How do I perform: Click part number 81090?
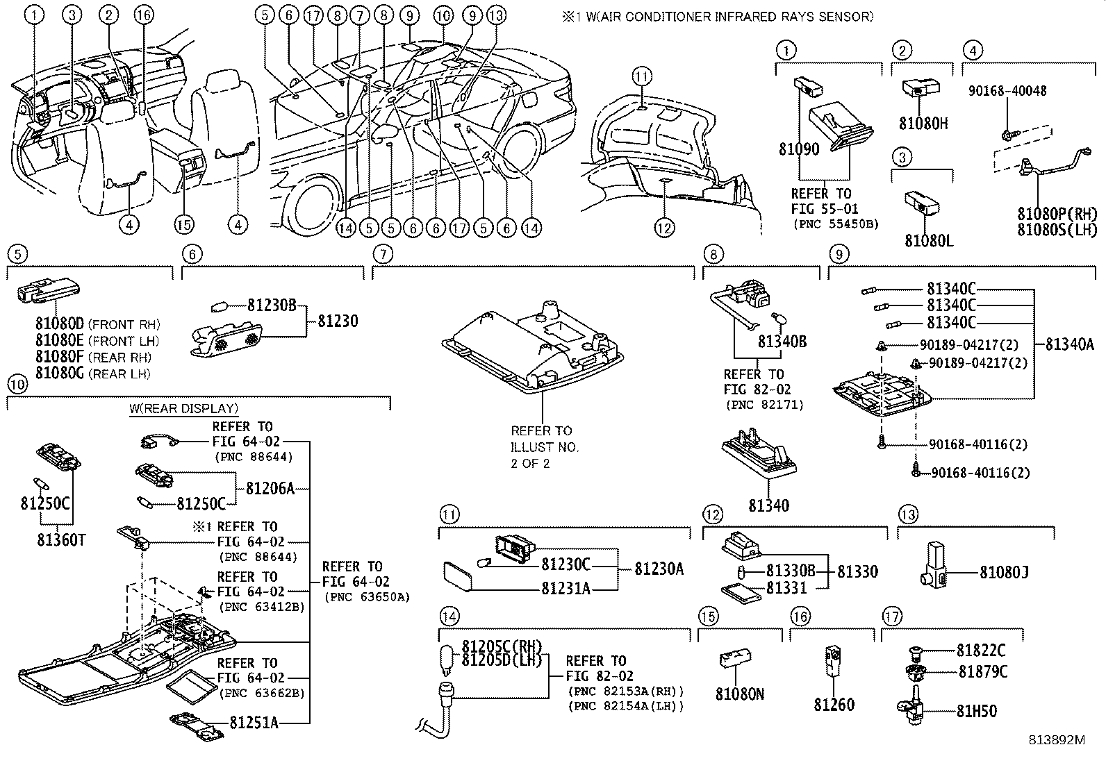[798, 149]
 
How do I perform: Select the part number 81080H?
[923, 124]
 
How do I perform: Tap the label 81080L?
[928, 240]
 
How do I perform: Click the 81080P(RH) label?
[1057, 214]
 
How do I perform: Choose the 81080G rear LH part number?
[60, 374]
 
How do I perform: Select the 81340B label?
[782, 342]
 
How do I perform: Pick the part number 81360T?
[61, 539]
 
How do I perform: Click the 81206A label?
[270, 488]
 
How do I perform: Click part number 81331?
[786, 588]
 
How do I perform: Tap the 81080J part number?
[1004, 572]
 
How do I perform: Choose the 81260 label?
[834, 705]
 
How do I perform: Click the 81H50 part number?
[976, 711]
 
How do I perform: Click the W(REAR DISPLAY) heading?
[183, 408]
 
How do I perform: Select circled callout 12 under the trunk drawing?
[664, 227]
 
